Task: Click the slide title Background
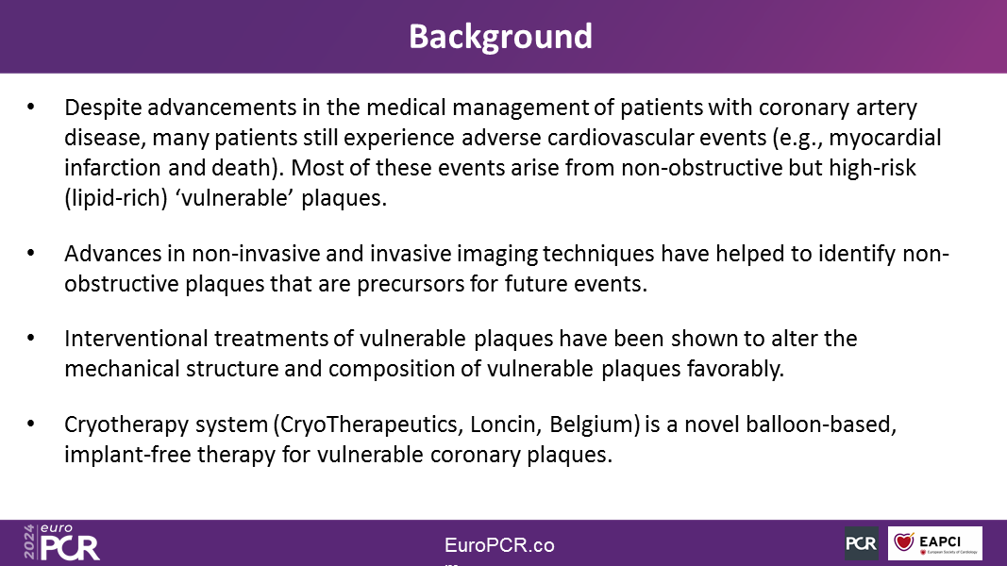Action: [500, 37]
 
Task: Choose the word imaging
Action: [496, 255]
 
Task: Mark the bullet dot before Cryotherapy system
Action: [31, 424]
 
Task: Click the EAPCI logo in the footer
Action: [935, 543]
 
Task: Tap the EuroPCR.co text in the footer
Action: [499, 545]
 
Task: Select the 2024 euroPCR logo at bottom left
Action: [61, 543]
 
